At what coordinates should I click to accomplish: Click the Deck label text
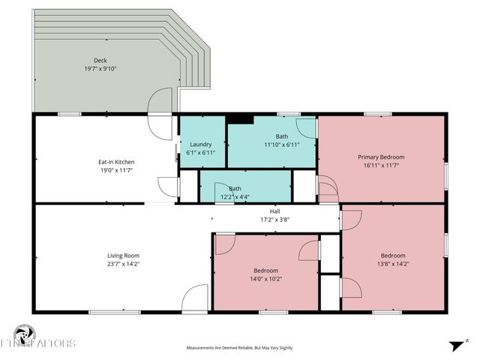click(100, 60)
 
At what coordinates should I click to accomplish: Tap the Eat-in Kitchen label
click(116, 161)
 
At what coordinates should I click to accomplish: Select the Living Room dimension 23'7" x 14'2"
click(123, 264)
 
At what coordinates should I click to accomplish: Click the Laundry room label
click(201, 144)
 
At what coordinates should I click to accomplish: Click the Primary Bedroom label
click(381, 157)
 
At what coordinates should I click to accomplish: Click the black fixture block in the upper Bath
click(240, 118)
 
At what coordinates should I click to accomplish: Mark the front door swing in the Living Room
click(195, 298)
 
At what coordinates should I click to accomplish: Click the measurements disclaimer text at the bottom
click(240, 348)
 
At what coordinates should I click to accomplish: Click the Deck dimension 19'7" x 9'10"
click(100, 68)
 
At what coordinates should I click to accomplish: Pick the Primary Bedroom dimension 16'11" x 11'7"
click(381, 165)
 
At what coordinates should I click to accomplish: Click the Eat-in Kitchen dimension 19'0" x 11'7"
click(116, 169)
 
